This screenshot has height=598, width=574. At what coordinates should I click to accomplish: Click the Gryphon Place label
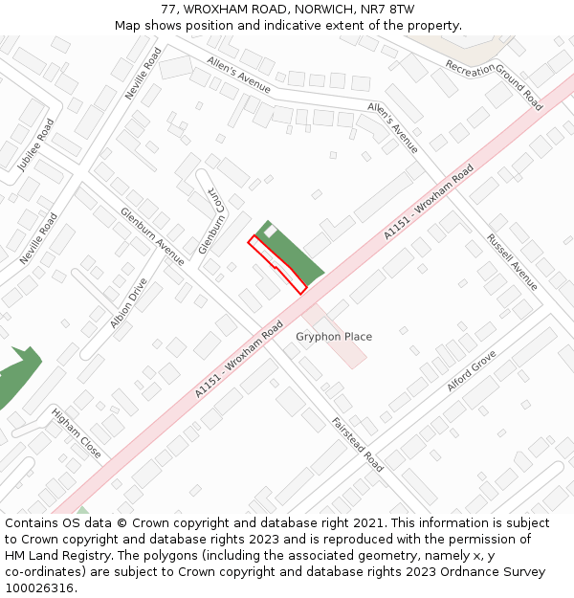point(333,337)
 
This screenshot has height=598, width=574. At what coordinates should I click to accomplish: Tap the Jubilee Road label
point(36,144)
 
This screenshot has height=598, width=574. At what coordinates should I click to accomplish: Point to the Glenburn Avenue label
point(152,235)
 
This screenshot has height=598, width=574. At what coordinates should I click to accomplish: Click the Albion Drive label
point(129,303)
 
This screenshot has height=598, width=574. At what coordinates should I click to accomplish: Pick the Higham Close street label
point(77,432)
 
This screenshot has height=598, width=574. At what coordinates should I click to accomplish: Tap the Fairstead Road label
point(358,444)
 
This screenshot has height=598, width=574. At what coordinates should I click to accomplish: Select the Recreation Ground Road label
point(494,84)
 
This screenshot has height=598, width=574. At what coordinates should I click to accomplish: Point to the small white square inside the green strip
point(271,232)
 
